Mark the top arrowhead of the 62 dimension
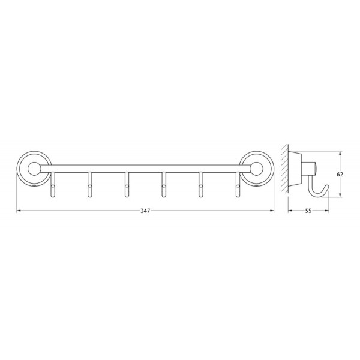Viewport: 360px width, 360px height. pyautogui.click(x=340, y=152)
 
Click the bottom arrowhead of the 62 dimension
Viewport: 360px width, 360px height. pyautogui.click(x=340, y=195)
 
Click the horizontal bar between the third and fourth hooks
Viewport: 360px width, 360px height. pyautogui.click(x=145, y=170)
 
